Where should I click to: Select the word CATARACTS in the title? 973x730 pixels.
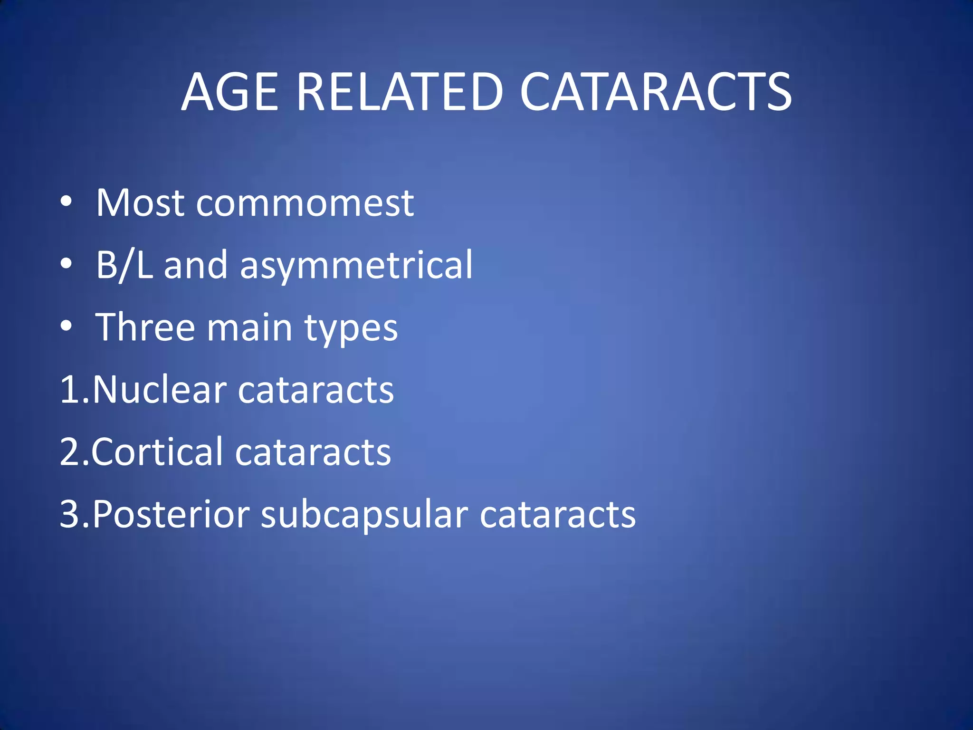[x=656, y=92]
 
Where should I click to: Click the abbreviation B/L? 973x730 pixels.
[x=124, y=265]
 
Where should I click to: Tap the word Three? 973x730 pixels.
[x=145, y=327]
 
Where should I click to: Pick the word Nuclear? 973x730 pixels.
[x=160, y=390]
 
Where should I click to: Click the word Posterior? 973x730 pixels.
[x=171, y=515]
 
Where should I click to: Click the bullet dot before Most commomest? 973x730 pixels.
[x=67, y=202]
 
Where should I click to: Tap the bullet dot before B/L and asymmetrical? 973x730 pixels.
[x=67, y=264]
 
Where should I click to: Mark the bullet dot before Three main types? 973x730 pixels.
[x=67, y=326]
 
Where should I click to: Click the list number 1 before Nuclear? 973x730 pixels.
[x=69, y=390]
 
